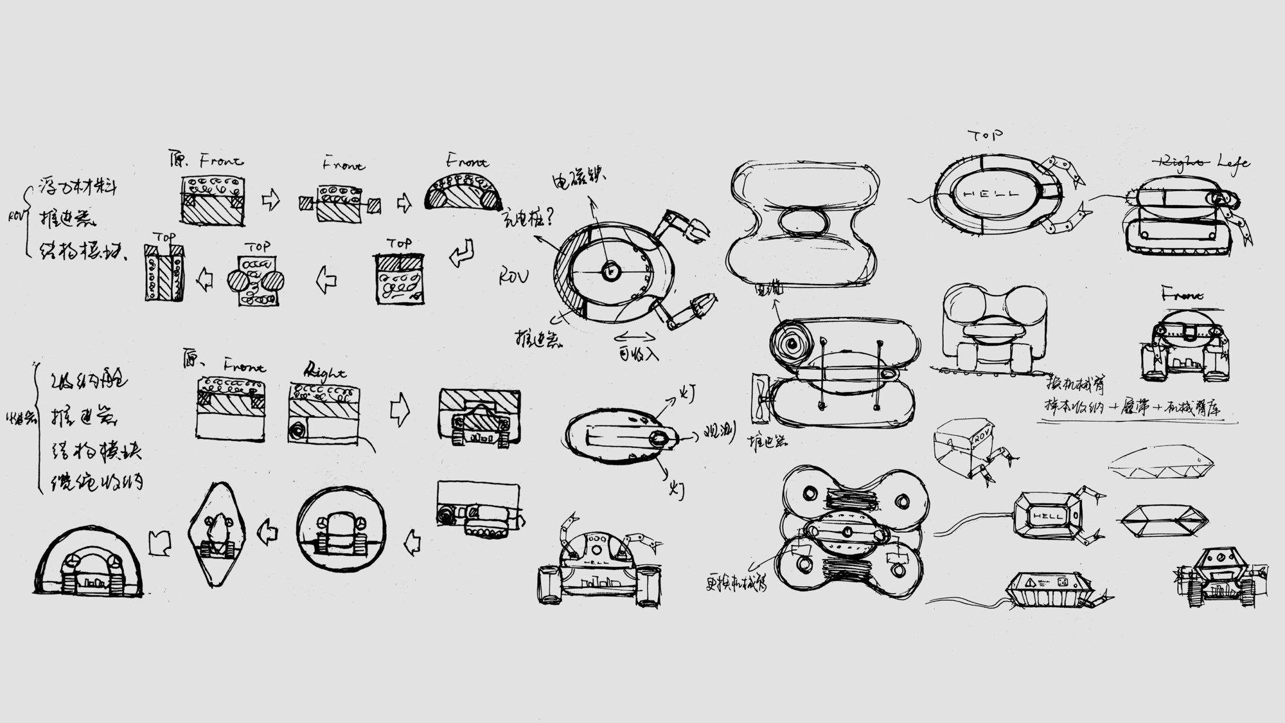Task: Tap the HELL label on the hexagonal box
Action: (1047, 516)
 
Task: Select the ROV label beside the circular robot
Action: (513, 277)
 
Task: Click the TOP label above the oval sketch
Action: (985, 136)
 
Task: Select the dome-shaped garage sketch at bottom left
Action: (87, 562)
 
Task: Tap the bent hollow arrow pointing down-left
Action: (462, 253)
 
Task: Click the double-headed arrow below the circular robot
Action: (635, 337)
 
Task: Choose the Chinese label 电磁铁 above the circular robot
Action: (578, 175)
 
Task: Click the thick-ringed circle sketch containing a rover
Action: (341, 528)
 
